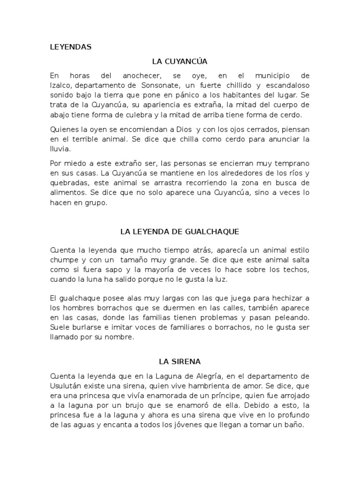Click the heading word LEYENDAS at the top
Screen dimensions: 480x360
click(70, 47)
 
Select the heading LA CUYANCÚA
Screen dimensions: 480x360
click(180, 61)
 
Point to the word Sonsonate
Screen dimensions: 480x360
click(159, 85)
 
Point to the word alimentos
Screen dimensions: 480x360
click(66, 193)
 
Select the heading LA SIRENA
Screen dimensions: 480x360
click(180, 361)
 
